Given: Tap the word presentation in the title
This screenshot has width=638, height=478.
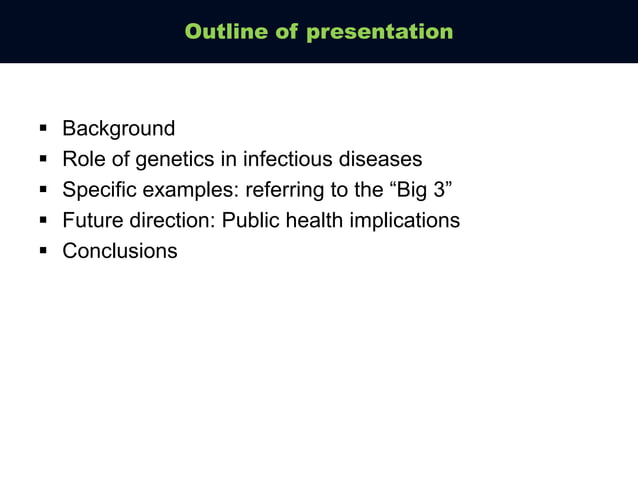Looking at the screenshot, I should tap(379, 32).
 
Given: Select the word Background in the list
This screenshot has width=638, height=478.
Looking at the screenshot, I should tap(118, 129).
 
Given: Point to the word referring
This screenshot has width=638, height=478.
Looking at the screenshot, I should tap(274, 190).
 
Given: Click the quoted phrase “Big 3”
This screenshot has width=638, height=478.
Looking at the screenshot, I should tap(422, 190).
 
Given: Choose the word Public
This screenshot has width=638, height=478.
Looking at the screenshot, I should tap(251, 221).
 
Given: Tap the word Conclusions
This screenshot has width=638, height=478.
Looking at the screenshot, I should tap(120, 251).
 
